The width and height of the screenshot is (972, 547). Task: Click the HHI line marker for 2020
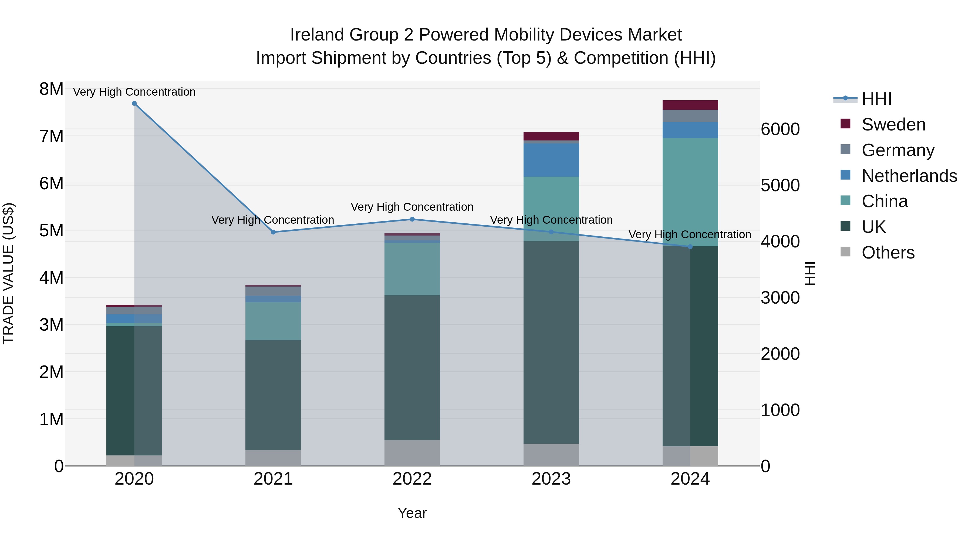(x=134, y=103)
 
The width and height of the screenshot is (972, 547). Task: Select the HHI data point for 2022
(x=412, y=219)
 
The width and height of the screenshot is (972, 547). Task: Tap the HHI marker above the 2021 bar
(x=273, y=232)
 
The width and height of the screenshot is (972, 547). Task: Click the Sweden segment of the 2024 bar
(x=690, y=105)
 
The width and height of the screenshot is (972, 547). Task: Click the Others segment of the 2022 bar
(x=412, y=453)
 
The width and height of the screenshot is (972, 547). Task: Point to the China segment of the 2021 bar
(x=273, y=321)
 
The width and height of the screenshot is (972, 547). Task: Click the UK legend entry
(x=873, y=227)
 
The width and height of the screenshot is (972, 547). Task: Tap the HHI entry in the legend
(x=876, y=99)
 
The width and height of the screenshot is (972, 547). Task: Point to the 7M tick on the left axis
(x=51, y=136)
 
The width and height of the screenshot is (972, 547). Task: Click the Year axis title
(x=412, y=513)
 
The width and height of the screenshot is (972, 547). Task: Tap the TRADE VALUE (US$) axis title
(x=8, y=273)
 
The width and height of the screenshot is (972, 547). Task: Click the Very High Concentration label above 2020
(x=134, y=92)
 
